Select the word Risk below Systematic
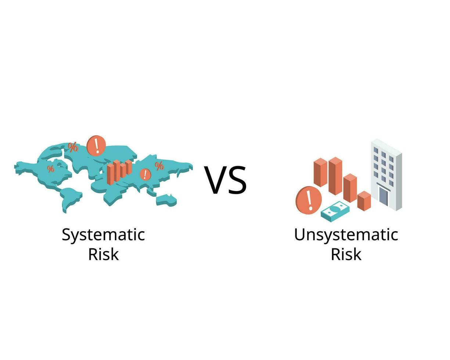coord(104,254)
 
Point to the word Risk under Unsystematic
coord(346,254)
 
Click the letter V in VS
coord(216,180)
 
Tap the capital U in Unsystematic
coord(299,234)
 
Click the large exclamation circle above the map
coord(96,146)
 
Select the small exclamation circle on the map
coord(145,174)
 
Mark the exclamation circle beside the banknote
coord(309,200)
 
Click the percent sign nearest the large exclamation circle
coord(73,147)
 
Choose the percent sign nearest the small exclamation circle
coord(159,166)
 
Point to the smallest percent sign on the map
coord(51,169)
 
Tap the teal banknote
coord(335,212)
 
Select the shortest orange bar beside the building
coord(364,201)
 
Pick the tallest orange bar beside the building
coord(335,176)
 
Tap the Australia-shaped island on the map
coord(166,201)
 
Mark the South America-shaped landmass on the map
coord(71,200)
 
